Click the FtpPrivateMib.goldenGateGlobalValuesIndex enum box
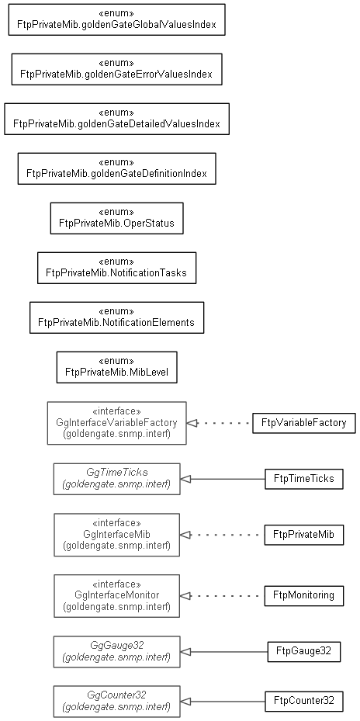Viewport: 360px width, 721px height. [117, 19]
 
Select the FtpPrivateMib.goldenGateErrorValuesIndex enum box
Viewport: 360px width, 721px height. [117, 69]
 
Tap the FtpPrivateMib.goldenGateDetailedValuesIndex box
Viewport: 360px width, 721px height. [117, 119]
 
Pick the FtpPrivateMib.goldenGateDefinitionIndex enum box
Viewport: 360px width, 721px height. [117, 168]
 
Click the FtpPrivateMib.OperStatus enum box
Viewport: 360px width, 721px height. [117, 218]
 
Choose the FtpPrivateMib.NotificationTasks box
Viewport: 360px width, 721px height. [117, 268]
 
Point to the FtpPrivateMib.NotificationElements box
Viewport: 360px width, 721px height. [117, 317]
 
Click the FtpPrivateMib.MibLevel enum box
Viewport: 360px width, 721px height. [117, 367]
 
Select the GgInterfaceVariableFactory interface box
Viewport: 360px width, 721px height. [117, 423]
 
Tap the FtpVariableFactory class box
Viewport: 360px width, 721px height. [304, 423]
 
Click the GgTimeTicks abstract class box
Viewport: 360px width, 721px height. [117, 479]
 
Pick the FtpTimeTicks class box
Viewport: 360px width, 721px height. [304, 479]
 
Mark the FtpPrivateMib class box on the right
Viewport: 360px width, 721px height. [304, 535]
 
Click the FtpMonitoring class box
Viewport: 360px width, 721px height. [304, 595]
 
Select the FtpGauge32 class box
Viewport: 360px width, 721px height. [304, 652]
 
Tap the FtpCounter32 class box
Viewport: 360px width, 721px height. [304, 702]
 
